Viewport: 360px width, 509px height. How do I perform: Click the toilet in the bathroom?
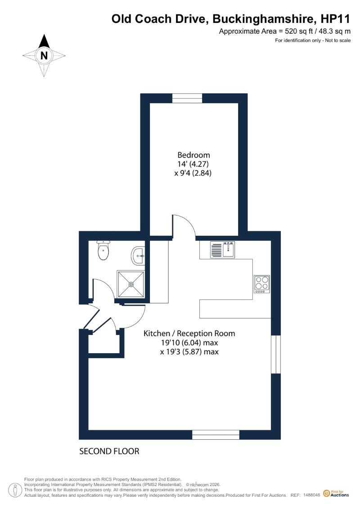[x=103, y=250]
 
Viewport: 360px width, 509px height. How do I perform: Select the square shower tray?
[x=131, y=284]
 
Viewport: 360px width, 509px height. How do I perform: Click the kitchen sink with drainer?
[x=223, y=250]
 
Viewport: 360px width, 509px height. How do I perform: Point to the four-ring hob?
[x=262, y=284]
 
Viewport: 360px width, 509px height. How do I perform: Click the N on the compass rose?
[x=44, y=55]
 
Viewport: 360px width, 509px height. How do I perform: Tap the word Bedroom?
[x=193, y=155]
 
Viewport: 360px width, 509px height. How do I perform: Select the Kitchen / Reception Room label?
[x=189, y=333]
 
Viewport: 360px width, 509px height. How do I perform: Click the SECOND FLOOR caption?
[x=109, y=451]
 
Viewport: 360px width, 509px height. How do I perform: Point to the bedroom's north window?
[x=187, y=98]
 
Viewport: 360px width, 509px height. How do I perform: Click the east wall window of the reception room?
[x=275, y=355]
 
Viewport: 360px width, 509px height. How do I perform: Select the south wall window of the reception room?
[x=216, y=435]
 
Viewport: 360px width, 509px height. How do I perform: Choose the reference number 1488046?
[x=312, y=495]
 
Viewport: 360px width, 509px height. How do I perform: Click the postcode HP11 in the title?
[x=335, y=19]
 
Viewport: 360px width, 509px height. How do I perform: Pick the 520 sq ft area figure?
[x=297, y=32]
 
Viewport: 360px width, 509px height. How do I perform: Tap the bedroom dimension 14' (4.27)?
[x=193, y=164]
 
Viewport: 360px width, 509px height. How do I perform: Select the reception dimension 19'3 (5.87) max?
[x=189, y=351]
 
